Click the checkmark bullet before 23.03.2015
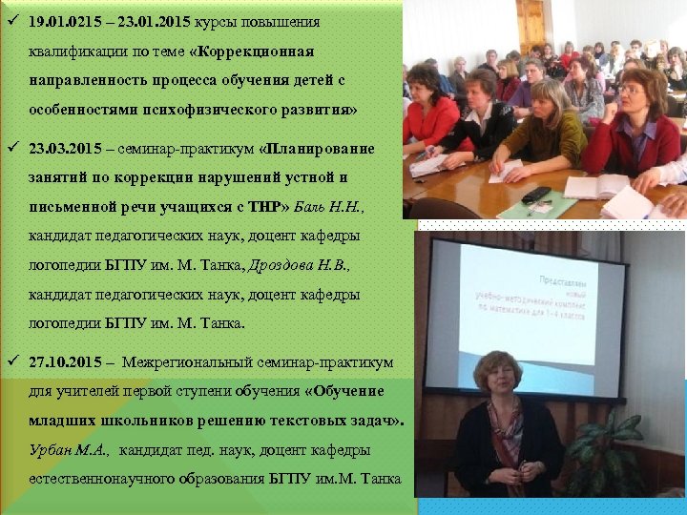[10, 149]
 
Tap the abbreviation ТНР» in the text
[270, 207]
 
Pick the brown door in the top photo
[530, 24]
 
